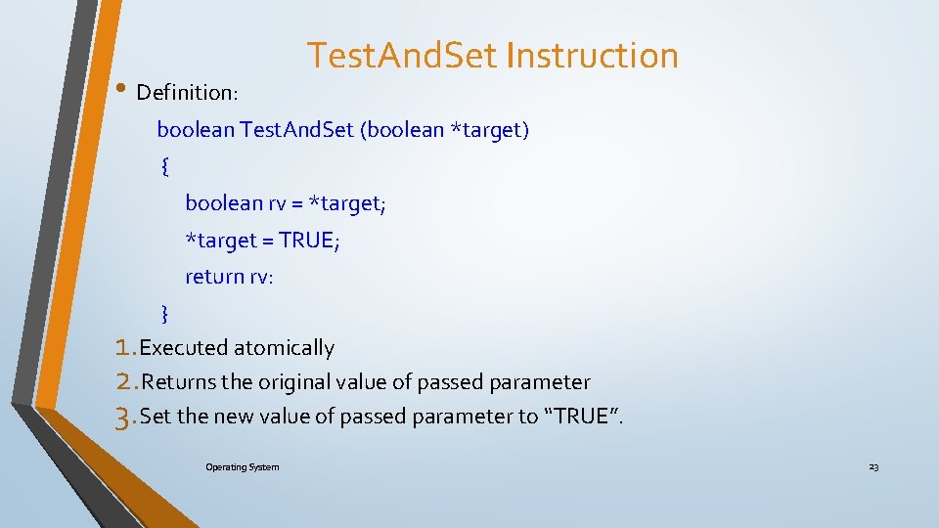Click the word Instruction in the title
point(593,56)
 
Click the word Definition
point(186,93)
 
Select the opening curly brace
point(164,166)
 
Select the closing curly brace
point(164,313)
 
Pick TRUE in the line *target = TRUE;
point(307,241)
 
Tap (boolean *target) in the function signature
point(445,130)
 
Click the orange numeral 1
point(123,347)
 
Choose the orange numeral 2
point(123,381)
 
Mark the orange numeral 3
point(123,418)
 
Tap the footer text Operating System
point(242,467)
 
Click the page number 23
point(873,467)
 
